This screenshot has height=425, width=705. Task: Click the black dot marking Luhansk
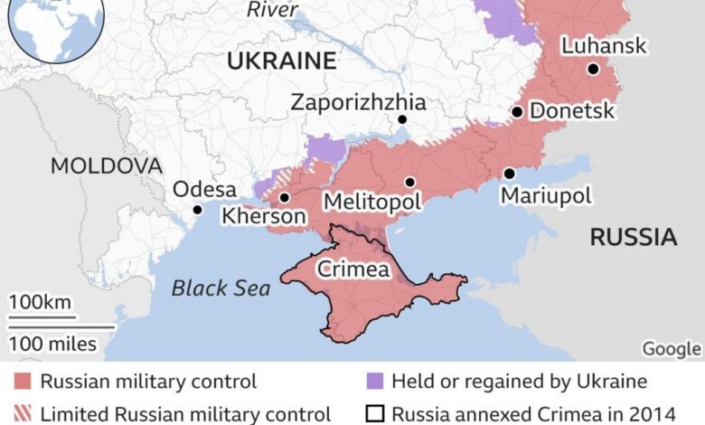point(592,69)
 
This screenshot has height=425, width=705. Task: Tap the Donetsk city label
point(572,111)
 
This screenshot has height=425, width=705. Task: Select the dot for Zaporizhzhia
point(402,119)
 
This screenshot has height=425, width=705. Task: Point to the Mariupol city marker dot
point(509,174)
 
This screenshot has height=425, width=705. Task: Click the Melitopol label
point(372,202)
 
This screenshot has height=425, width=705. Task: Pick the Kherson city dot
point(285,197)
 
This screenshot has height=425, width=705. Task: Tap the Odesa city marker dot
point(197,210)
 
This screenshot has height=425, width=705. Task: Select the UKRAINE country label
point(281,61)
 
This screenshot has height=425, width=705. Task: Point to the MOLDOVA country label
point(107,166)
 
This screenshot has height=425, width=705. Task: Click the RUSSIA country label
point(633,238)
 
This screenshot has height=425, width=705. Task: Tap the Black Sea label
point(221,288)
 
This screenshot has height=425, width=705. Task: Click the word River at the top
point(272,10)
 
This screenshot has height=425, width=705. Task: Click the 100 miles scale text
point(52,343)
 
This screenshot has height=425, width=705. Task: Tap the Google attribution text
point(671,349)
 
